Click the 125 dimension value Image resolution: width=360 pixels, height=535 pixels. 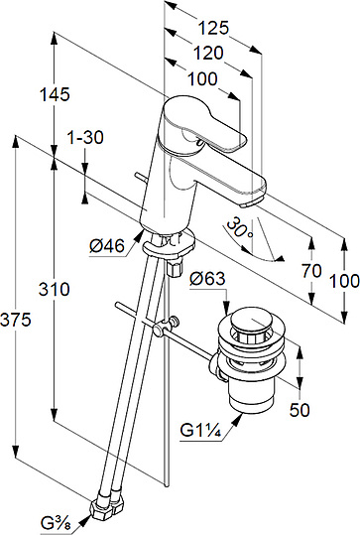pos(214,28)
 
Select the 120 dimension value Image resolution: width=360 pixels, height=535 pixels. pos(208,54)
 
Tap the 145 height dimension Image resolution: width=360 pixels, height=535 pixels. pos(55,94)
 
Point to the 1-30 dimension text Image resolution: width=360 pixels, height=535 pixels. pos(85,138)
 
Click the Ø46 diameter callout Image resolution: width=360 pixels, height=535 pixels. pos(107,246)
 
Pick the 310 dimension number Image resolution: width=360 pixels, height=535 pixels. pos(55,290)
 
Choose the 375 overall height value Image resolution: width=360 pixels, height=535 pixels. pos(16,320)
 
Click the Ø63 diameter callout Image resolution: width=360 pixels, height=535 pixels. pos(208,279)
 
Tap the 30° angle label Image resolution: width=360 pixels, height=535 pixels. pos(240,228)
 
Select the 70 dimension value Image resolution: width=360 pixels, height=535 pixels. pos(311,271)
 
